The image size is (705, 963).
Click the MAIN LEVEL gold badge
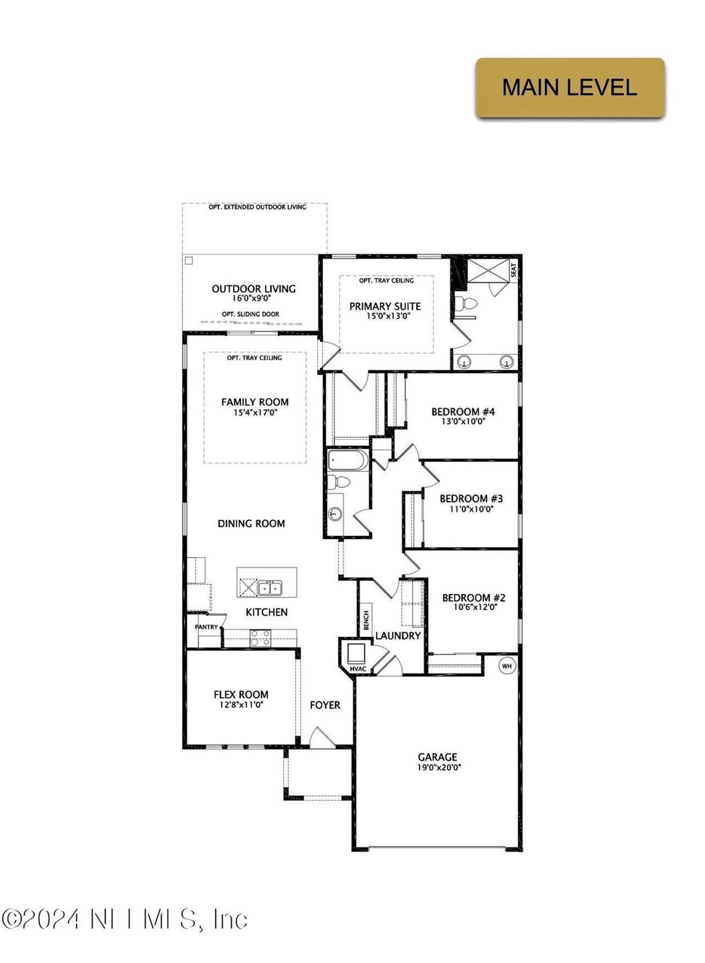[570, 88]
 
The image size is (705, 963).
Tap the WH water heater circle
[507, 666]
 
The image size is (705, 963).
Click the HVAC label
[358, 668]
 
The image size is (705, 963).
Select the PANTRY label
[207, 627]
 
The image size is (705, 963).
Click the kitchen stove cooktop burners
[261, 638]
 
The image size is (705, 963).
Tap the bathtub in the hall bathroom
[348, 460]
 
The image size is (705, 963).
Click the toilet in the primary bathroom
[468, 303]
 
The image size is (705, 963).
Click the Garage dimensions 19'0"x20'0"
[439, 767]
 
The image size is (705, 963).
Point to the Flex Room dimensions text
[241, 704]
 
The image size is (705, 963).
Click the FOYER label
[325, 705]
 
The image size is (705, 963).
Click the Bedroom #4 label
[463, 411]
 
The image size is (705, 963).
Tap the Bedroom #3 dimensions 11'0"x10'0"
[471, 509]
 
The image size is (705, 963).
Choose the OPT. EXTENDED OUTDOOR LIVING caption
[257, 207]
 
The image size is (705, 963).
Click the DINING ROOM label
[251, 523]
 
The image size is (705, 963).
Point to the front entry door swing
[321, 737]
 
